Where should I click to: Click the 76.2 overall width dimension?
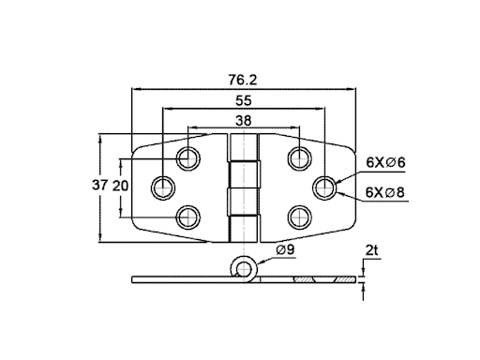pyautogui.click(x=243, y=80)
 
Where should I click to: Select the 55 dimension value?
pyautogui.click(x=244, y=100)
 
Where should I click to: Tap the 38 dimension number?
pyautogui.click(x=244, y=120)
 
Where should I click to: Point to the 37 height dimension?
pyautogui.click(x=99, y=185)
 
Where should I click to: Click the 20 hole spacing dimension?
pyautogui.click(x=120, y=187)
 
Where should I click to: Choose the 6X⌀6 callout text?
pyautogui.click(x=385, y=162)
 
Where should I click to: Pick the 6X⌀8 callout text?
pyautogui.click(x=385, y=192)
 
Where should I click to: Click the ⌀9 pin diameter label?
pyautogui.click(x=285, y=249)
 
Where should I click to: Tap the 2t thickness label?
pyautogui.click(x=371, y=250)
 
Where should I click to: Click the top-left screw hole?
pyautogui.click(x=188, y=158)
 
